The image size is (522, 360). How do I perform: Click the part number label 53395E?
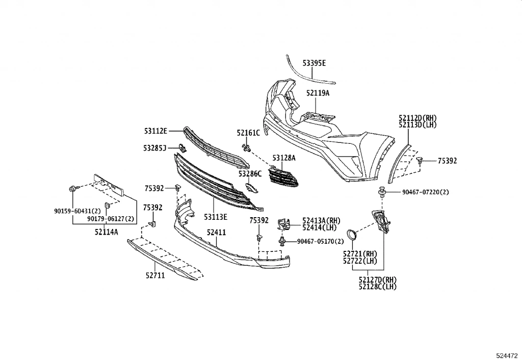pos(314,63)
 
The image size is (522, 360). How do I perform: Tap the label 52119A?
pos(318,93)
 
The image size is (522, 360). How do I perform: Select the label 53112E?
pos(156,131)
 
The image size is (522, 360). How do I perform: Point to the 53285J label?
pos(155,148)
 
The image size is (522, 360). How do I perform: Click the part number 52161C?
pos(248,133)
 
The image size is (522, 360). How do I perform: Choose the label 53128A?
pos(284,158)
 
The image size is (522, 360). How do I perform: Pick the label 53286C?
pos(250,174)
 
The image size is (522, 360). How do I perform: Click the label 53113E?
pos(216,217)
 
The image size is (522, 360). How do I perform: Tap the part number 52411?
pos(216,233)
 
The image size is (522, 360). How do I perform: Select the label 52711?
pos(155,275)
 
